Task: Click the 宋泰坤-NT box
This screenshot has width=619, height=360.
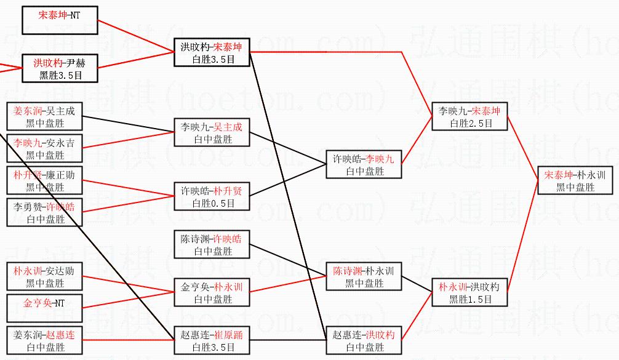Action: (59, 20)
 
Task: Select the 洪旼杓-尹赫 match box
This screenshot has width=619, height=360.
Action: (59, 68)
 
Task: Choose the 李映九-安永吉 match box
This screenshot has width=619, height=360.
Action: (44, 148)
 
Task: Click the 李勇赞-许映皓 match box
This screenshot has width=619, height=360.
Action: (44, 212)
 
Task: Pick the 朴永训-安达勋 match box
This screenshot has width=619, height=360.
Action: (44, 276)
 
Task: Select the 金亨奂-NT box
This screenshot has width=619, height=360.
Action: (44, 308)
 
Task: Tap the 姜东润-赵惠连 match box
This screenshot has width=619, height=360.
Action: (44, 340)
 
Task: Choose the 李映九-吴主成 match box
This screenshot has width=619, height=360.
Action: (212, 132)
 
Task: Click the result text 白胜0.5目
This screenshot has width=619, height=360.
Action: (212, 203)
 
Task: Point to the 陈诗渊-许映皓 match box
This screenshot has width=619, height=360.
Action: (212, 244)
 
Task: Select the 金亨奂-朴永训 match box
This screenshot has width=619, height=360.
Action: (212, 292)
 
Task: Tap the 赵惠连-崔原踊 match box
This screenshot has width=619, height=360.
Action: (212, 340)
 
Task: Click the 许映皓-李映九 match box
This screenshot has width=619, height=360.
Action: (364, 164)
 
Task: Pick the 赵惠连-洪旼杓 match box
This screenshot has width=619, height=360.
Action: (364, 340)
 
